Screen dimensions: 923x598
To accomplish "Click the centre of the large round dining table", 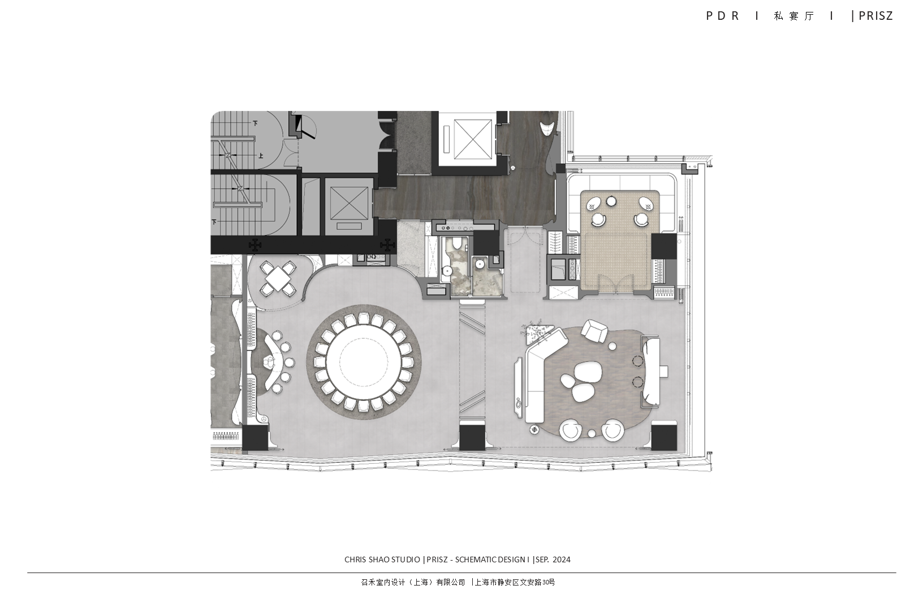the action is (x=364, y=362).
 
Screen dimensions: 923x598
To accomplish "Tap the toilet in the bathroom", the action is (x=456, y=244).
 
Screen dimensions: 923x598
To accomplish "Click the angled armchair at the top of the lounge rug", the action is (x=594, y=331).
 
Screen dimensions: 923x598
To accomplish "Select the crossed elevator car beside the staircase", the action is (x=349, y=203).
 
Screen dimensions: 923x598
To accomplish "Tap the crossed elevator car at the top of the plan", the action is (x=473, y=139).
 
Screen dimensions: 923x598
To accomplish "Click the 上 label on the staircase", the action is (x=260, y=156).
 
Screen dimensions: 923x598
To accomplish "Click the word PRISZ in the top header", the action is (x=875, y=16).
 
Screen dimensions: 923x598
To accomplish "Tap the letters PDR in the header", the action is (x=723, y=16).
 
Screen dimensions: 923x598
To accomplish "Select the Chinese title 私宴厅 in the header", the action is (x=794, y=16).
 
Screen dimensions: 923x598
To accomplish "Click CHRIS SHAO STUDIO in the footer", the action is (x=382, y=559).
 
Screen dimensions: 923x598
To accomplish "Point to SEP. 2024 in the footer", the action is (x=553, y=559).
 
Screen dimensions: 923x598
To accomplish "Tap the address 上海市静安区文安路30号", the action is (x=515, y=582).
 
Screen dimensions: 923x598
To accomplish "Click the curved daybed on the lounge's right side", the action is (x=650, y=370).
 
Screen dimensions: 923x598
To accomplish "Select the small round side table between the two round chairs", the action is (x=592, y=433).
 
